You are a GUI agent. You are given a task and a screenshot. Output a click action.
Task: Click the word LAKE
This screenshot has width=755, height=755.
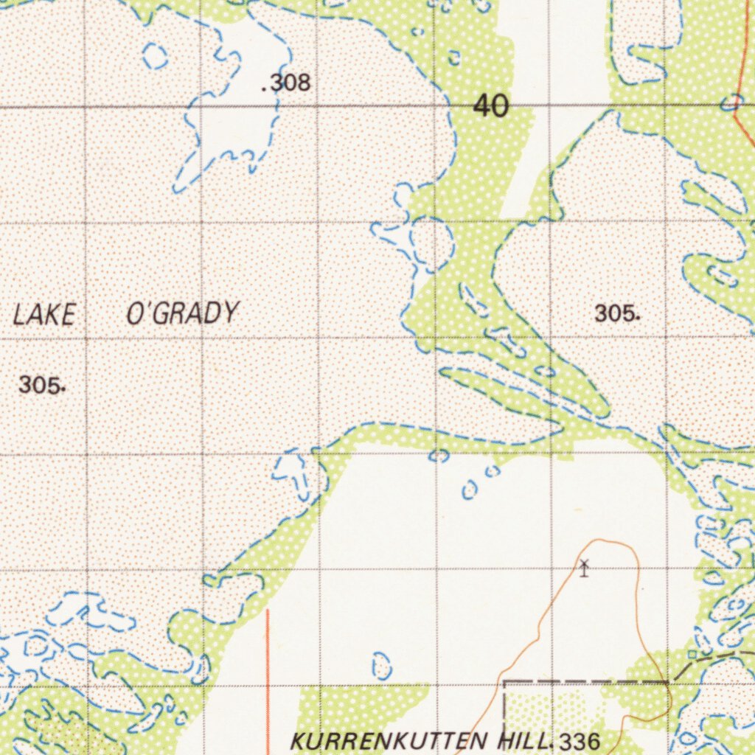[x=44, y=315]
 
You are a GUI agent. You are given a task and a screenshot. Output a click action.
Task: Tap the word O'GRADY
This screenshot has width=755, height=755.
[x=182, y=313]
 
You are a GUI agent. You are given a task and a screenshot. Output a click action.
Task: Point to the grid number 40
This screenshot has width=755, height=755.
[x=491, y=106]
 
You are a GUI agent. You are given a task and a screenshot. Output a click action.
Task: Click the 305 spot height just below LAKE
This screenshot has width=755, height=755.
[x=41, y=384]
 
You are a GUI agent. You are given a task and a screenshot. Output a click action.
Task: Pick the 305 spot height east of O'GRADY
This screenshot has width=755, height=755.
[x=615, y=313]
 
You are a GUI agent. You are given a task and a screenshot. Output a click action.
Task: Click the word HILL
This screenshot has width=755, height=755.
[x=524, y=740]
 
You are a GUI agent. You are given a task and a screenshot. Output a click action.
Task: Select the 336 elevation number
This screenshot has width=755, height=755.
[x=580, y=742]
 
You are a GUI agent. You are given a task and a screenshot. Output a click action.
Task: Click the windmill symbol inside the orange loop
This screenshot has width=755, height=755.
[x=584, y=568]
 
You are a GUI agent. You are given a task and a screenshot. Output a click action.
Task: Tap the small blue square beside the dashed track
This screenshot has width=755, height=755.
[x=692, y=654]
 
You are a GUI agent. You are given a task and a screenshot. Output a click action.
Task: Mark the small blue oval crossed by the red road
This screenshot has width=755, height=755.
[x=732, y=102]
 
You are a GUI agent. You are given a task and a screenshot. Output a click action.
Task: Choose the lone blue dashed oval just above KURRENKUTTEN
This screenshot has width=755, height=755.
[x=381, y=665]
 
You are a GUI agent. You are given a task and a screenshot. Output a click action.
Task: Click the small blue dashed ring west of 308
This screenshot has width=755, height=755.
[x=155, y=55]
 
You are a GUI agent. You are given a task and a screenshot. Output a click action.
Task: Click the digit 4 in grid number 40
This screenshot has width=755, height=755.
[x=482, y=106]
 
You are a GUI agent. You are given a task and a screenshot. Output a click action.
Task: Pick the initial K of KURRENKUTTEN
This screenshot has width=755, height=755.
[x=299, y=740]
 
